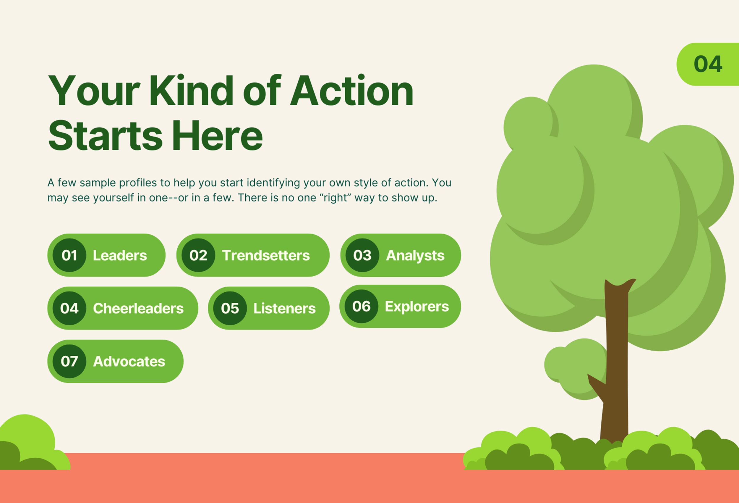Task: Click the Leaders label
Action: click(x=120, y=255)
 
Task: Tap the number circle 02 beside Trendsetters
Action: click(x=198, y=255)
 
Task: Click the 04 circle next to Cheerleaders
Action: click(x=69, y=308)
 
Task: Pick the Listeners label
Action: click(x=284, y=309)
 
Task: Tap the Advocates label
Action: click(x=129, y=361)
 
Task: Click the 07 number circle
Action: click(x=69, y=361)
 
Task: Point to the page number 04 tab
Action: click(x=708, y=64)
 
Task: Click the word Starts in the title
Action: click(x=105, y=136)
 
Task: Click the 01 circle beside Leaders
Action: click(x=69, y=255)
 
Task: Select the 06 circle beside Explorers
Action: click(x=361, y=306)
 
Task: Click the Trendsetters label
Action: click(x=266, y=255)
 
